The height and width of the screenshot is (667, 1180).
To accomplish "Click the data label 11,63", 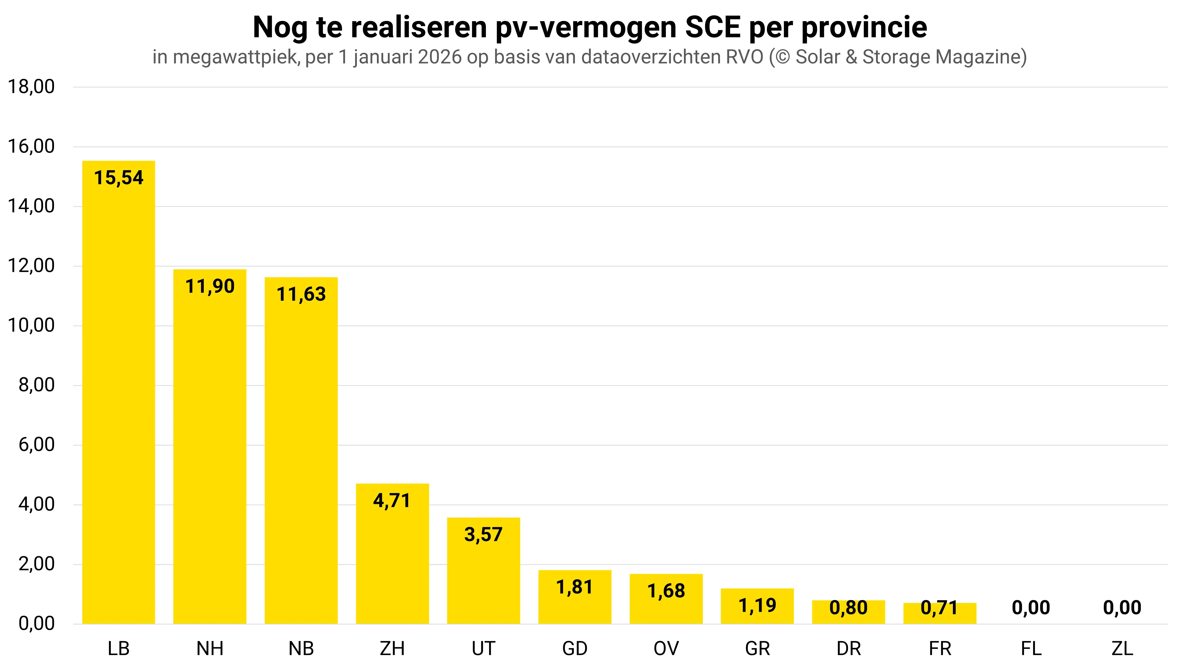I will tap(301, 294).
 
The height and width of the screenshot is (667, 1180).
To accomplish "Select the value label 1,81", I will tap(575, 587).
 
